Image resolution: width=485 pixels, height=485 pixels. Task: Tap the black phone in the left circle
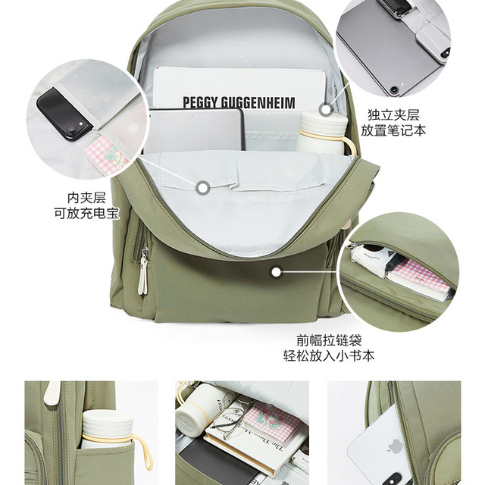click(64, 114)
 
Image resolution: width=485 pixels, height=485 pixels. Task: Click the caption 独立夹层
click(393, 115)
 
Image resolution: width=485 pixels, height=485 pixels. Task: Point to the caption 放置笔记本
click(393, 130)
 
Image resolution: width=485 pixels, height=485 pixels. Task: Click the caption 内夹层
click(86, 198)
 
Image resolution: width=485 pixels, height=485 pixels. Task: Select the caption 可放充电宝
click(86, 213)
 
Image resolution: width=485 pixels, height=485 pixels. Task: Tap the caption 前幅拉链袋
click(329, 340)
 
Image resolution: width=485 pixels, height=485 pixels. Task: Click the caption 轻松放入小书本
click(329, 355)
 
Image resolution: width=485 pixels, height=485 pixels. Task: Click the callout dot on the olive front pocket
click(276, 272)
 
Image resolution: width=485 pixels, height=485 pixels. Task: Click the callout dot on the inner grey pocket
click(203, 188)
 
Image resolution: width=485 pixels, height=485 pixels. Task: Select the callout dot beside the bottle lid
click(326, 109)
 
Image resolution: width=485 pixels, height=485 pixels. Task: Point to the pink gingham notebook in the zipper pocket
click(420, 280)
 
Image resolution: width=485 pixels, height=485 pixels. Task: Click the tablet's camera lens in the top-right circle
click(394, 90)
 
